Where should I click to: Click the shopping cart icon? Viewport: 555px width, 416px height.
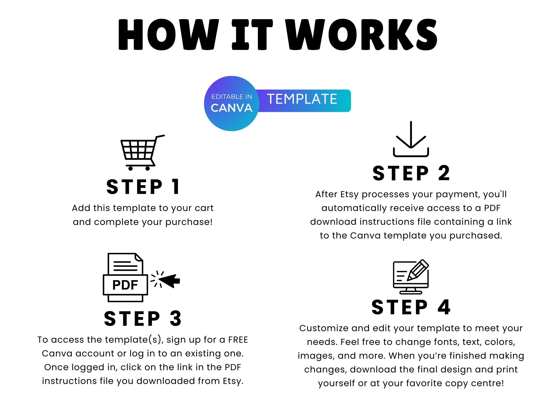point(142,153)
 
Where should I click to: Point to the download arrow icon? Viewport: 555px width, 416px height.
point(411,139)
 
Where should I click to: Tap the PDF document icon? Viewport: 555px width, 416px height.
point(125,277)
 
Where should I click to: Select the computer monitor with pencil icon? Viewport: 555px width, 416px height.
point(411,277)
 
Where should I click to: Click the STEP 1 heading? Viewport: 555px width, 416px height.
point(143,187)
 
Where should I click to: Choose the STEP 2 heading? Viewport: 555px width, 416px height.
point(411,173)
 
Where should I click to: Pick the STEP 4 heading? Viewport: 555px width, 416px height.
point(411,307)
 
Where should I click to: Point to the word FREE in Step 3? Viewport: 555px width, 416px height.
point(238,340)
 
